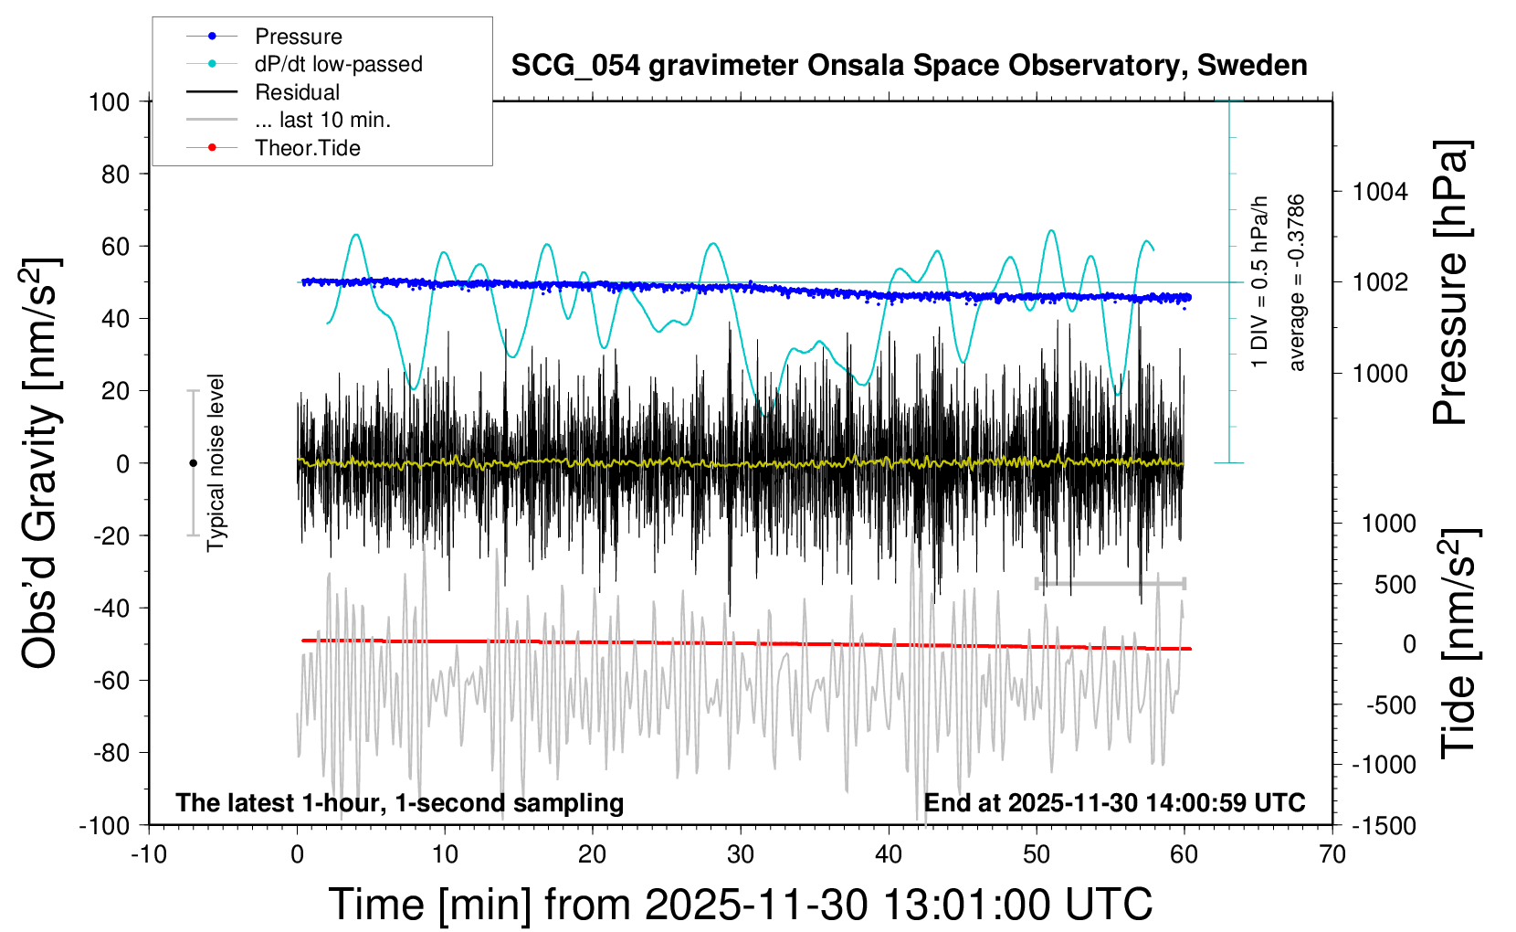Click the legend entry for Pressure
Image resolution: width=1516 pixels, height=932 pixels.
click(298, 37)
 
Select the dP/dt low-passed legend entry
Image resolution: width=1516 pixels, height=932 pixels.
click(338, 64)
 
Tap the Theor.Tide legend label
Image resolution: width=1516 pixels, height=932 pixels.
click(307, 148)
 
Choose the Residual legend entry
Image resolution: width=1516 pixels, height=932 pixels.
click(297, 92)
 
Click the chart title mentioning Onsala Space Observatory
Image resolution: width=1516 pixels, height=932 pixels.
click(909, 66)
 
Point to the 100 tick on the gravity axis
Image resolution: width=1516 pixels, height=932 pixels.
click(110, 101)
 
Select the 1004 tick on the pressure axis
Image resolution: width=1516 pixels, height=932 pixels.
click(1380, 192)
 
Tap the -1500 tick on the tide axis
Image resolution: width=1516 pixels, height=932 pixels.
click(1384, 826)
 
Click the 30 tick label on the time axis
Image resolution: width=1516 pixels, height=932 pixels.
click(741, 855)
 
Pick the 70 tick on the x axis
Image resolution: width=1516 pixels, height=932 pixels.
click(1332, 855)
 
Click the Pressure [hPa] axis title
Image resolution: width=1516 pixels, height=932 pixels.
click(1450, 282)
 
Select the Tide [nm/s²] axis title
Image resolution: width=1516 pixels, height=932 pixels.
click(1458, 643)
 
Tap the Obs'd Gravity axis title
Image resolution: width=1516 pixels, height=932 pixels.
click(41, 463)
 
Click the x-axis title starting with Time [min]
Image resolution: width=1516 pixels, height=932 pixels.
click(740, 905)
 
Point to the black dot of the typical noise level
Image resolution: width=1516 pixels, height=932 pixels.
click(193, 463)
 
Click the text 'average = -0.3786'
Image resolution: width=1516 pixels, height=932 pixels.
click(1296, 282)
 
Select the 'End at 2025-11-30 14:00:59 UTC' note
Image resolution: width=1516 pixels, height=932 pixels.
click(1114, 803)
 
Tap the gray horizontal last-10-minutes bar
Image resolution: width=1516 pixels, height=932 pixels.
click(1110, 583)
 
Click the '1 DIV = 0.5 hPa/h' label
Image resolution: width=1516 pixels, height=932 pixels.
click(1260, 281)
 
